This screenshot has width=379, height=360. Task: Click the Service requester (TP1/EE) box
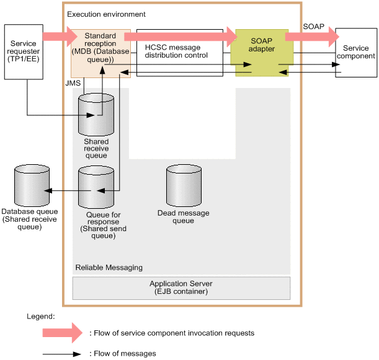(24, 53)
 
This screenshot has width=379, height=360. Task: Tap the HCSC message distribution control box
(179, 53)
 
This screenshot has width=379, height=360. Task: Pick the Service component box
(356, 52)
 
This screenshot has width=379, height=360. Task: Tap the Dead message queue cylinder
(184, 185)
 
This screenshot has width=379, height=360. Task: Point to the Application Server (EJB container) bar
(181, 288)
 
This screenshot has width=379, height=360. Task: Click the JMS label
(73, 82)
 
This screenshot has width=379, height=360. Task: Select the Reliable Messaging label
(109, 268)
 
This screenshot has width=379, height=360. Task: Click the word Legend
(40, 316)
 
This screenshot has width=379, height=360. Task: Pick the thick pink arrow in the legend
(62, 333)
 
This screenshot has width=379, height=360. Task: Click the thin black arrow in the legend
(62, 354)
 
